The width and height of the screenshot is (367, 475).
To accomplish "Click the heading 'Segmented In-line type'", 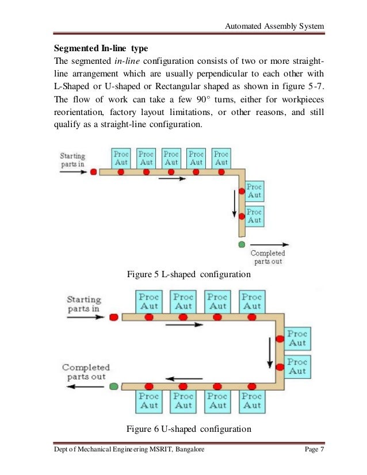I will [101, 48].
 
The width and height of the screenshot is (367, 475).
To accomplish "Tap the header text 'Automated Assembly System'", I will [274, 26].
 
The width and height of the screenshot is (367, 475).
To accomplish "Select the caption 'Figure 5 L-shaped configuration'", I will [189, 274].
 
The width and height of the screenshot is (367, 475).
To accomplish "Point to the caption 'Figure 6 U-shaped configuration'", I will [189, 429].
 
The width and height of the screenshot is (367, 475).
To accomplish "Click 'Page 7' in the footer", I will [314, 449].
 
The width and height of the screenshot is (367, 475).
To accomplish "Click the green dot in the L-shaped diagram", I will [242, 244].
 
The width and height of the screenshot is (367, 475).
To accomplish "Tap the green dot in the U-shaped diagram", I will [114, 386].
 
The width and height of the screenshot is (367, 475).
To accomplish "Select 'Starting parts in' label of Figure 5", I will [73, 160].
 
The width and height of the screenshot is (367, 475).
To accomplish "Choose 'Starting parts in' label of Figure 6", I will [83, 304].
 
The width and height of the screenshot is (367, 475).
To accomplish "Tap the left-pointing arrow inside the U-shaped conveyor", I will [184, 378].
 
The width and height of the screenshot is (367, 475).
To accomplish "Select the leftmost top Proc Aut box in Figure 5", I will [121, 158].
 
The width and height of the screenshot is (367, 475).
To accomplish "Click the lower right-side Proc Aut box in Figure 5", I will [254, 216].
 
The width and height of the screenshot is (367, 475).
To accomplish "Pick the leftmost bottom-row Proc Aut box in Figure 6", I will [149, 401].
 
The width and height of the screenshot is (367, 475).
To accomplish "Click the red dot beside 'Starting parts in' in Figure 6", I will [113, 317].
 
